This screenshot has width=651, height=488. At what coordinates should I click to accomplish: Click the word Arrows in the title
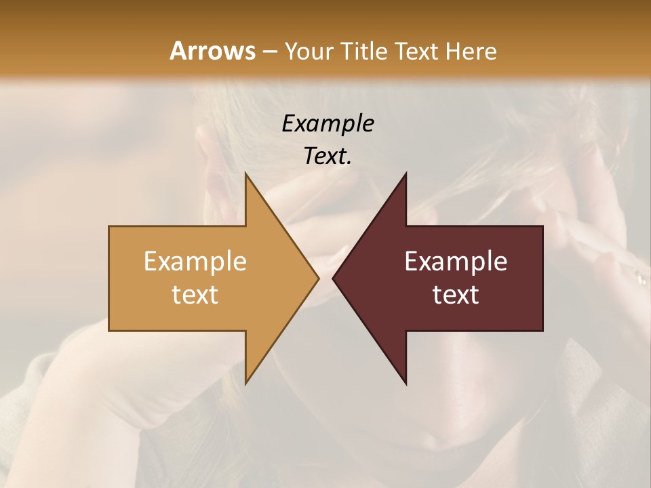click(x=212, y=51)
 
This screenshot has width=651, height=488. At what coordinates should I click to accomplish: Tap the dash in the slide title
click(x=269, y=52)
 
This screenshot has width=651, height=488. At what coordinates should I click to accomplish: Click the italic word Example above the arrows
click(x=328, y=123)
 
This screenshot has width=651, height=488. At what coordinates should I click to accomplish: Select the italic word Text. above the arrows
click(x=328, y=156)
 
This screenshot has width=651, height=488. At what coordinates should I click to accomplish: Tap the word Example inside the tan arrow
click(x=195, y=262)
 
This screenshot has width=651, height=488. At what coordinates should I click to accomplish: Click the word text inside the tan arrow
click(x=195, y=294)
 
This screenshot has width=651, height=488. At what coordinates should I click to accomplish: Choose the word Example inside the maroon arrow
click(x=456, y=262)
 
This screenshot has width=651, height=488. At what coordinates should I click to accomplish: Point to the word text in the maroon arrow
click(x=456, y=294)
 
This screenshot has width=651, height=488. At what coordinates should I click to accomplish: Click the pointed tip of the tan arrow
click(x=317, y=278)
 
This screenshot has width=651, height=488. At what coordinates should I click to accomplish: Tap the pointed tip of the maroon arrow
click(x=334, y=278)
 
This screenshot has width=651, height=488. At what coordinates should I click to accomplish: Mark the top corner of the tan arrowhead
click(x=247, y=175)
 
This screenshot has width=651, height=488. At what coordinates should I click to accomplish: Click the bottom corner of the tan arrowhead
click(x=247, y=382)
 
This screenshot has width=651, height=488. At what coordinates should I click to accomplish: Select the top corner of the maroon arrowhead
click(x=405, y=175)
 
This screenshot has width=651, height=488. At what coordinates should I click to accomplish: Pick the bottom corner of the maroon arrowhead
click(x=405, y=382)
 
